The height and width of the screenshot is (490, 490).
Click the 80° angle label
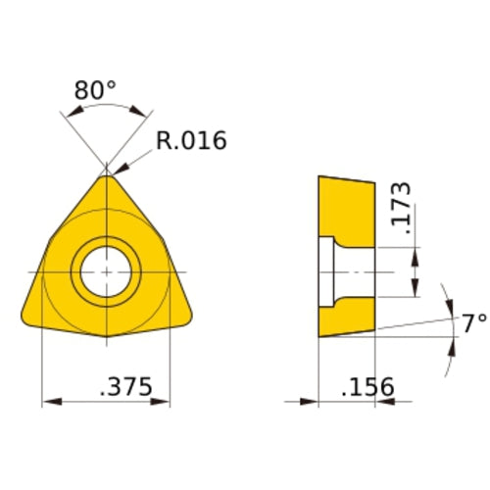point(95,91)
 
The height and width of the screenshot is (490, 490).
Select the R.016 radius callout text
point(191,141)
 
